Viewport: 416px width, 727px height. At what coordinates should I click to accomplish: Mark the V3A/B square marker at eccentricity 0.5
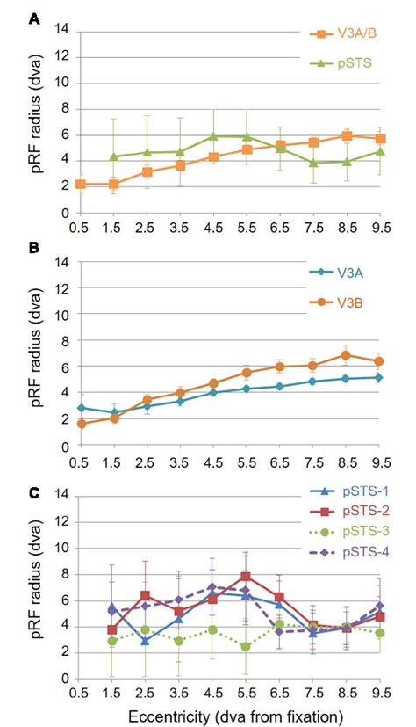tap(81, 185)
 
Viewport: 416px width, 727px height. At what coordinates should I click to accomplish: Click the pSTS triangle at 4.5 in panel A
tap(213, 137)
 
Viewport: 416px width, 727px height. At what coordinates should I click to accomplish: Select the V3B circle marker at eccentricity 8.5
tap(346, 355)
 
